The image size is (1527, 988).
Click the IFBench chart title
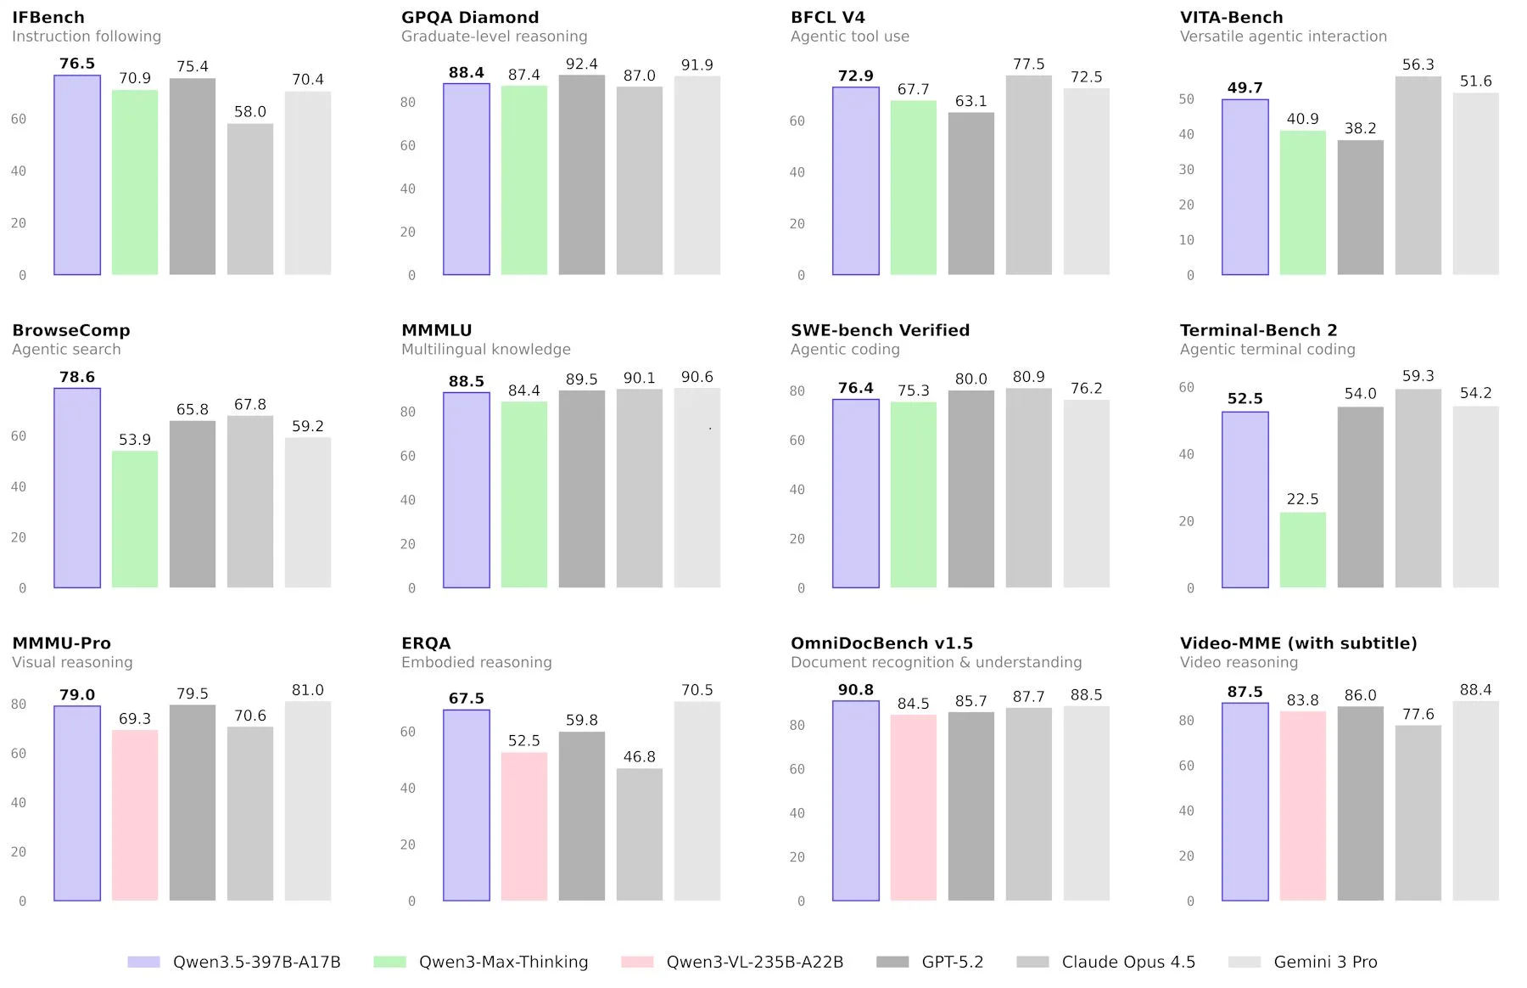click(x=48, y=17)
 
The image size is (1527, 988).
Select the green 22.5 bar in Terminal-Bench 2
click(x=1302, y=550)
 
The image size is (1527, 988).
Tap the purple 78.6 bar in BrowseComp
click(x=77, y=488)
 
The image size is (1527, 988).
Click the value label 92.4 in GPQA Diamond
click(x=582, y=65)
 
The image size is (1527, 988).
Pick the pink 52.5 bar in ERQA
click(x=524, y=826)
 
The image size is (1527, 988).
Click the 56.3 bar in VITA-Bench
click(x=1418, y=176)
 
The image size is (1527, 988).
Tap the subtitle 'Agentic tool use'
click(x=849, y=36)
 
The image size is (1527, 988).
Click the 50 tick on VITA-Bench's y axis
click(x=1186, y=99)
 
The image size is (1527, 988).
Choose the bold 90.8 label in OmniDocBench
click(x=855, y=690)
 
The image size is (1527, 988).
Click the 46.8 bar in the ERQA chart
click(x=640, y=834)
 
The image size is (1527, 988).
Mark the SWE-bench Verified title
click(x=880, y=330)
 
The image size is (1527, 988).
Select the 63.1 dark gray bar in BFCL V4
click(x=970, y=194)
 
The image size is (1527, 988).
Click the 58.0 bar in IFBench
click(x=250, y=199)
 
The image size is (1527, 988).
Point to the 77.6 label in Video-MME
click(x=1418, y=715)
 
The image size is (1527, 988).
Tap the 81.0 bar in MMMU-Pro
click(x=308, y=800)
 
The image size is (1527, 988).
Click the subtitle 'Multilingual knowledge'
click(x=485, y=350)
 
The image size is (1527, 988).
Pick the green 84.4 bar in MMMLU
click(x=524, y=494)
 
